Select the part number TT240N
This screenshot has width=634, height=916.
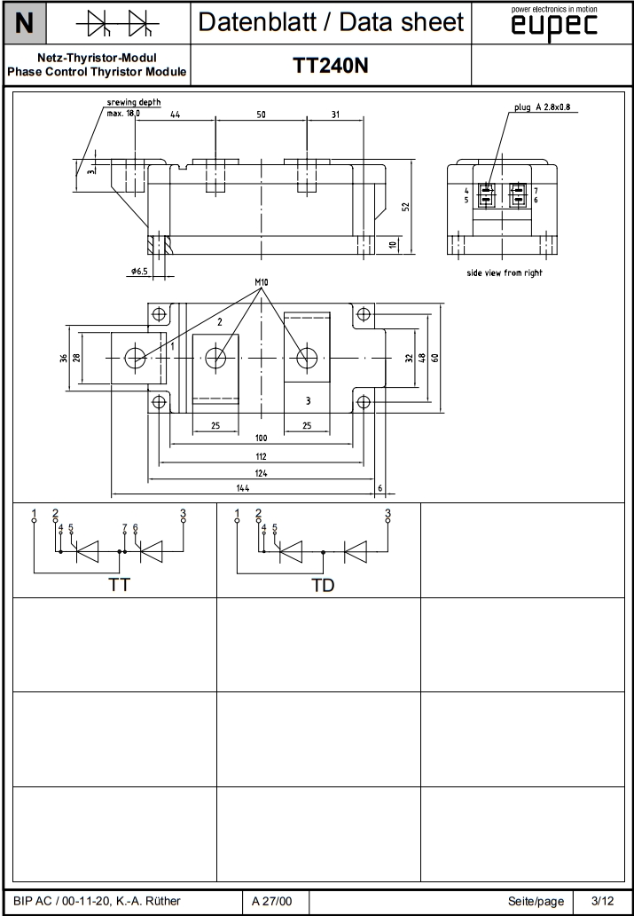(x=331, y=67)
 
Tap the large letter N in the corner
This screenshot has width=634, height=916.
(x=25, y=22)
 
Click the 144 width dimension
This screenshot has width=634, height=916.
(x=242, y=488)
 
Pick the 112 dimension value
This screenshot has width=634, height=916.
(x=261, y=455)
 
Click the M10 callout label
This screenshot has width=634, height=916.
(x=261, y=283)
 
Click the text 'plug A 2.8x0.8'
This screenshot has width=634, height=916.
(x=543, y=107)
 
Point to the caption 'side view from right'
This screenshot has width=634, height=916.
(x=505, y=272)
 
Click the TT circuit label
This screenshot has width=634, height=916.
(x=118, y=585)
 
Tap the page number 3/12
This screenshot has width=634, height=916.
(x=602, y=901)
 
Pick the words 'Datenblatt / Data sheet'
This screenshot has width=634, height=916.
(x=331, y=22)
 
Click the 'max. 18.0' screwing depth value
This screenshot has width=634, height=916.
(x=123, y=114)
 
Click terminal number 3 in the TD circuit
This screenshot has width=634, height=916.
(x=387, y=513)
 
